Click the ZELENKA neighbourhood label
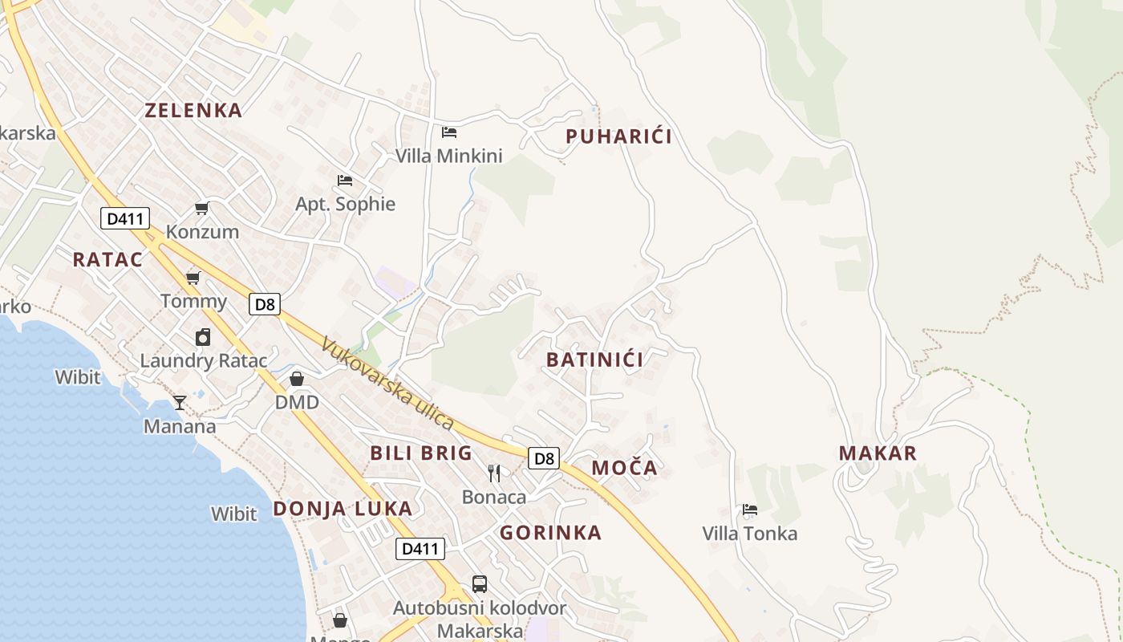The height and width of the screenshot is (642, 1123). pos(193,111)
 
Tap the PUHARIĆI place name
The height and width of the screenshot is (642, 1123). pos(618,136)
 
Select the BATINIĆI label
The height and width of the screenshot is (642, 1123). pos(594,360)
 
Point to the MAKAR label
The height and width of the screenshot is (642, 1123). pos(878,453)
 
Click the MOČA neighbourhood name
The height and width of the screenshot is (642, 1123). pos(624,468)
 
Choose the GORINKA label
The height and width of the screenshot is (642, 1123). pos(550,533)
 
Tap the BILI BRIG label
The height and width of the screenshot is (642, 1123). pos(421,453)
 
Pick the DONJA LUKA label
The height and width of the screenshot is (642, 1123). pos(343,508)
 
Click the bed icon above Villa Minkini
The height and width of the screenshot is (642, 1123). pos(449,132)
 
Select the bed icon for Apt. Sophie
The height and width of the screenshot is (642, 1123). pos(345,181)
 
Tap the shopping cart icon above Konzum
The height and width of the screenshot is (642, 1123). pos(202,209)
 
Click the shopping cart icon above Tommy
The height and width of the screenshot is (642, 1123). pos(193,278)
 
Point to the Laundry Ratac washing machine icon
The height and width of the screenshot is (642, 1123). pos(203,337)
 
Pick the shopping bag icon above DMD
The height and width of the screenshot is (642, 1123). pos(297,379)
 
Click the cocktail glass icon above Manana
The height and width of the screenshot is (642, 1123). pos(180,402)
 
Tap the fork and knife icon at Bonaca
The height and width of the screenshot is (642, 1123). pos(494,473)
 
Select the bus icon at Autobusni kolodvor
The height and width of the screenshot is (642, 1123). pos(480,583)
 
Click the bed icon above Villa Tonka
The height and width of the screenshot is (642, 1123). pos(750,510)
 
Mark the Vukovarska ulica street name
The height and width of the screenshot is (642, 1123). pos(387,384)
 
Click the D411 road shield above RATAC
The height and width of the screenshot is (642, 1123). pos(125,217)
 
